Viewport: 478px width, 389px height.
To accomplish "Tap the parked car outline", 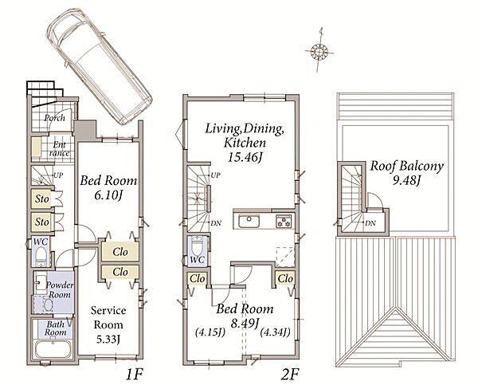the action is [99, 66].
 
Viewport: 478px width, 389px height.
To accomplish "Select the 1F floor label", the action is [134, 374].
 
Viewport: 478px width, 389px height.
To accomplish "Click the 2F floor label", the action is [289, 374].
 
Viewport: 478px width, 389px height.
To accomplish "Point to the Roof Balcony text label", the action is [406, 167].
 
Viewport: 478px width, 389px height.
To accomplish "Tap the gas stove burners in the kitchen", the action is [284, 221].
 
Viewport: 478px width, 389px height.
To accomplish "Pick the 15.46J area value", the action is [245, 157].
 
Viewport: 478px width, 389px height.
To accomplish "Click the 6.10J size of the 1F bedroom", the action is [108, 195].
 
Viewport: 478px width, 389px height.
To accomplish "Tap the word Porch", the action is [54, 118].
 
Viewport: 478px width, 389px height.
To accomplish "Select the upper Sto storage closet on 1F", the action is [41, 199].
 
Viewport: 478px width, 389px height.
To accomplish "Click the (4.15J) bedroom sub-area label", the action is [210, 332].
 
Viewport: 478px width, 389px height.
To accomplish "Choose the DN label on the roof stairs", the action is [370, 223].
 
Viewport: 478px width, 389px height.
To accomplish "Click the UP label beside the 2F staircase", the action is [216, 175].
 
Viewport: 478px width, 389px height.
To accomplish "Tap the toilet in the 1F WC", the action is [41, 256].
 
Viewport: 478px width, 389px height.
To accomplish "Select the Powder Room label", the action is [60, 290].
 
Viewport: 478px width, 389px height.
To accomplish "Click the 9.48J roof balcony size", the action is [406, 181].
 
